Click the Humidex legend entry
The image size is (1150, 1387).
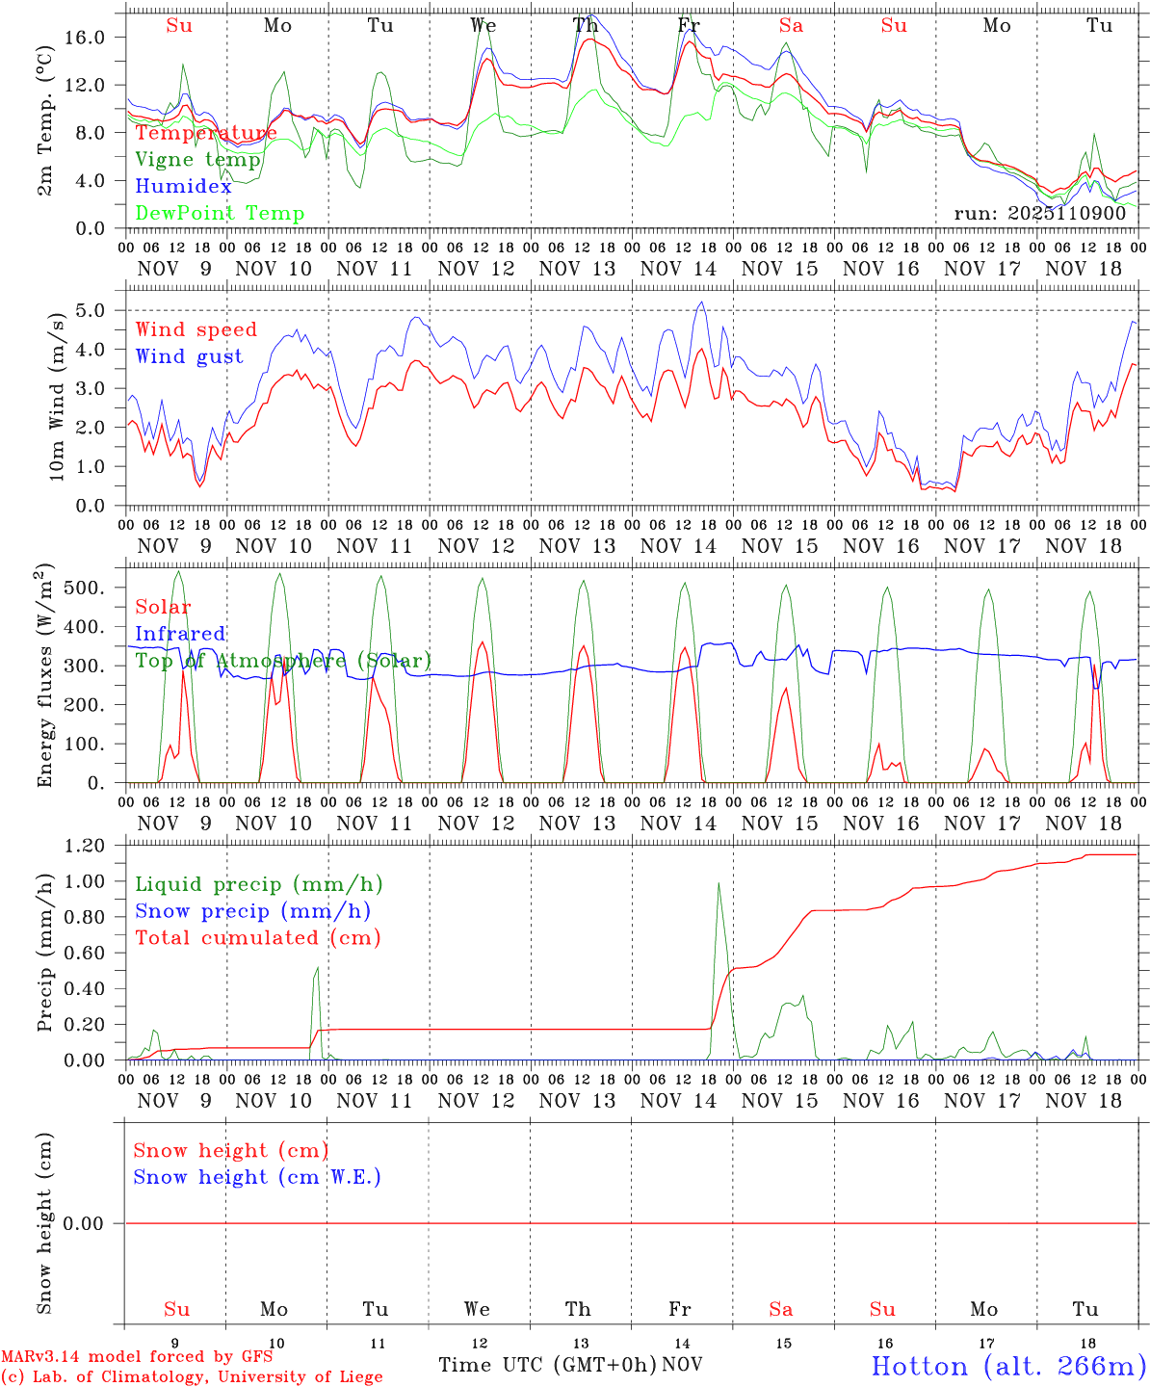click(x=183, y=187)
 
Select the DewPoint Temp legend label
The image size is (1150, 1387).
click(x=220, y=214)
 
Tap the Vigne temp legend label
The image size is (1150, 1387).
click(x=197, y=160)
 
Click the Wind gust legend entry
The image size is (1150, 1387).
click(x=189, y=356)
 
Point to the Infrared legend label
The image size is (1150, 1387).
click(x=180, y=634)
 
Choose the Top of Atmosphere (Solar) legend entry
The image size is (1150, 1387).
click(x=282, y=661)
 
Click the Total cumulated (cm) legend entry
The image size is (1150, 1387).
click(x=257, y=937)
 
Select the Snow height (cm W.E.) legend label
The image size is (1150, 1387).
click(x=256, y=1177)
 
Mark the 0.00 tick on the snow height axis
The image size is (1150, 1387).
click(x=97, y=1223)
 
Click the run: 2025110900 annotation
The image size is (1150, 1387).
click(x=1039, y=213)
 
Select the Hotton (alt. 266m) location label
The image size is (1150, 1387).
click(x=1007, y=1366)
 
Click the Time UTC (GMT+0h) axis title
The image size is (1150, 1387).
click(x=548, y=1365)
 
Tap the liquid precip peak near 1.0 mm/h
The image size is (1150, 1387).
click(x=718, y=884)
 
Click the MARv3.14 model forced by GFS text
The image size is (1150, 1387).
click(x=136, y=1356)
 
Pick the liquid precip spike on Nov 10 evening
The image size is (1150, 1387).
click(x=317, y=969)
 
